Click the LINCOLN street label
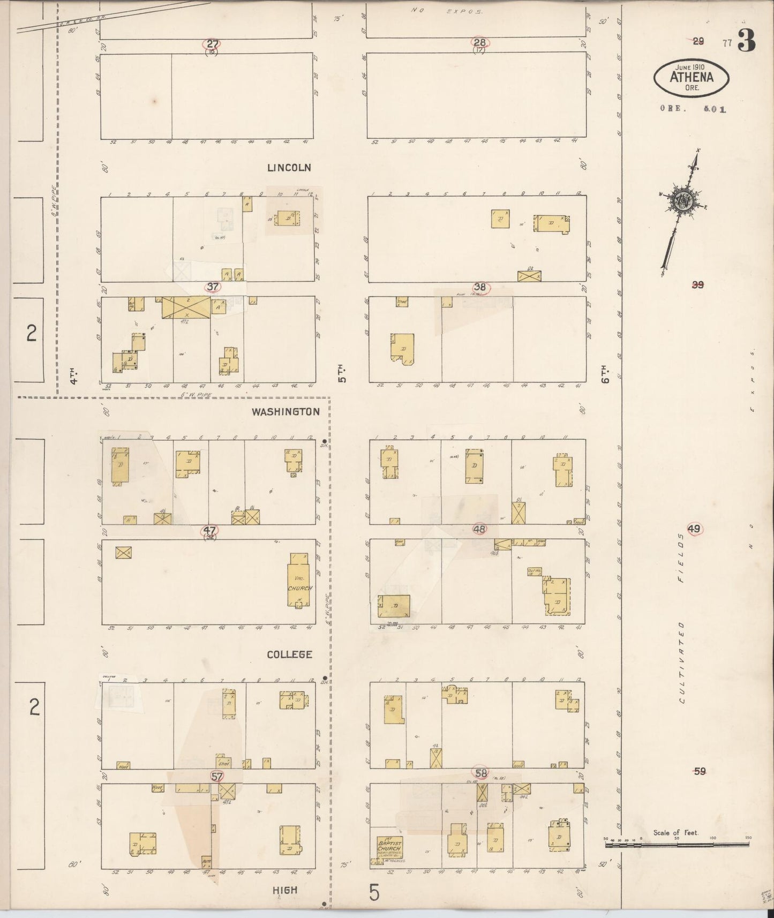pyautogui.click(x=289, y=168)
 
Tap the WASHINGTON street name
pyautogui.click(x=285, y=412)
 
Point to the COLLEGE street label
pyautogui.click(x=289, y=654)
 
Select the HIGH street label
pyautogui.click(x=284, y=890)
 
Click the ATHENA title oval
pyautogui.click(x=692, y=78)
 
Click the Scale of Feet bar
pyautogui.click(x=677, y=844)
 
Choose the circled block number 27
pyautogui.click(x=213, y=44)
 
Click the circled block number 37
pyautogui.click(x=213, y=287)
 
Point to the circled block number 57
pyautogui.click(x=217, y=776)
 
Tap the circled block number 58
pyautogui.click(x=480, y=773)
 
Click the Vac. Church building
pyautogui.click(x=299, y=581)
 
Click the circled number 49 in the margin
pyautogui.click(x=694, y=529)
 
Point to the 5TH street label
pyautogui.click(x=341, y=373)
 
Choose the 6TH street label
pyautogui.click(x=605, y=374)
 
